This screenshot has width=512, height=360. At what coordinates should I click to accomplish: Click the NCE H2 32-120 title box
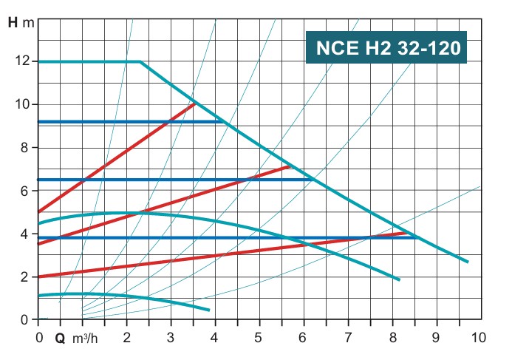(386, 49)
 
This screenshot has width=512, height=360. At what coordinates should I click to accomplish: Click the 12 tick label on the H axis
(23, 61)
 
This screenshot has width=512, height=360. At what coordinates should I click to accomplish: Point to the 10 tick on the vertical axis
(23, 104)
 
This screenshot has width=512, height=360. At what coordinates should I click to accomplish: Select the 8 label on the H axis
(27, 147)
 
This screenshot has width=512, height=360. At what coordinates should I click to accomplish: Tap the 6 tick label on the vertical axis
(27, 191)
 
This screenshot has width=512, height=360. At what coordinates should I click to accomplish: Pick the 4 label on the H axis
(27, 234)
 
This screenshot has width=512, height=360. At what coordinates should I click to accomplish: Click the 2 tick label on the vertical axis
(27, 276)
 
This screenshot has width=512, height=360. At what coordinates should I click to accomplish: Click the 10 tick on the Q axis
(479, 338)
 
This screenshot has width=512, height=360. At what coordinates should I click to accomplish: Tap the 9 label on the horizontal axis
(436, 338)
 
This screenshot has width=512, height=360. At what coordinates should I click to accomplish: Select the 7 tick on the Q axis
(347, 338)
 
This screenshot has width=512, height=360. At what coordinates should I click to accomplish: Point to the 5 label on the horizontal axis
(259, 338)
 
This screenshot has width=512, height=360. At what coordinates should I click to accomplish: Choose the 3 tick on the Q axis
(171, 338)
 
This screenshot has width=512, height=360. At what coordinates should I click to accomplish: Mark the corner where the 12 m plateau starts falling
(140, 61)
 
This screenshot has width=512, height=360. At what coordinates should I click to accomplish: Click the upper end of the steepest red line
(194, 103)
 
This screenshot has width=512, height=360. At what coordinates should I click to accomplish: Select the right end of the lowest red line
(408, 233)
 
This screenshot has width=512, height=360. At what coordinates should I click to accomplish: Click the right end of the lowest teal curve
(209, 310)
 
